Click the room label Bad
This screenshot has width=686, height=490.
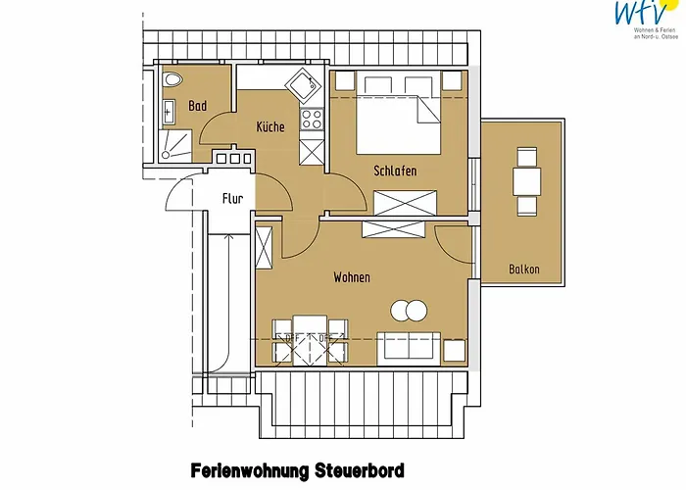coord(198,106)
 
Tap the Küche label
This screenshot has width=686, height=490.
coord(270,127)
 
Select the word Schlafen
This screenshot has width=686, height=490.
coord(395,171)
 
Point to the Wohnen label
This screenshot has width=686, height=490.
coord(352,278)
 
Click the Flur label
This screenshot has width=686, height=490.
coord(232,199)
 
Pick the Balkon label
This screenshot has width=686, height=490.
coord(525,269)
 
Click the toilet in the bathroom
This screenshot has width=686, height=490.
coord(173,80)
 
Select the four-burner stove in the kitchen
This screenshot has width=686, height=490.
coord(312,120)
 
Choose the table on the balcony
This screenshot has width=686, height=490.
coord(527,180)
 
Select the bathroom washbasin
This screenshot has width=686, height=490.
coord(167,112)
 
